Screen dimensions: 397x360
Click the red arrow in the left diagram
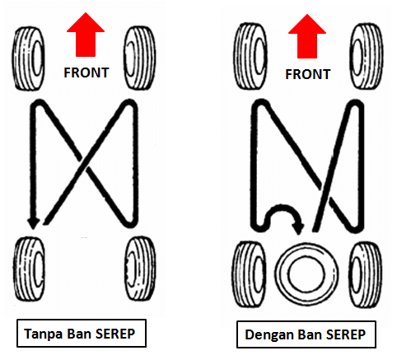click(86, 35)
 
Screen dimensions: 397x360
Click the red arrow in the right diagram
click(307, 36)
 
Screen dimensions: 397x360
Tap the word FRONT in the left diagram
click(86, 72)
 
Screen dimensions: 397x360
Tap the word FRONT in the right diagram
click(308, 74)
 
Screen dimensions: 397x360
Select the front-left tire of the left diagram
click(29, 58)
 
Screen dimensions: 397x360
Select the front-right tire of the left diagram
click(140, 58)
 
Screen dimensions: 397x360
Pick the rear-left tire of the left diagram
click(29, 269)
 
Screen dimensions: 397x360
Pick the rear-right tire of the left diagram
click(140, 269)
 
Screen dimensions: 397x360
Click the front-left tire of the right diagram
click(250, 56)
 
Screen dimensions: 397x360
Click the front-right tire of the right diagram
click(367, 56)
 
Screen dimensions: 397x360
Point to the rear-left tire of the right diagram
click(250, 274)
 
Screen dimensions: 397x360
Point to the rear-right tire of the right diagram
click(367, 274)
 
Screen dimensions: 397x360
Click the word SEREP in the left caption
click(115, 334)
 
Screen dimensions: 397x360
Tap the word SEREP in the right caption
click(346, 334)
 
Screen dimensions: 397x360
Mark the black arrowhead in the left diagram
click(34, 223)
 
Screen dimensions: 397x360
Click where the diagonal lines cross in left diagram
click(84, 164)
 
